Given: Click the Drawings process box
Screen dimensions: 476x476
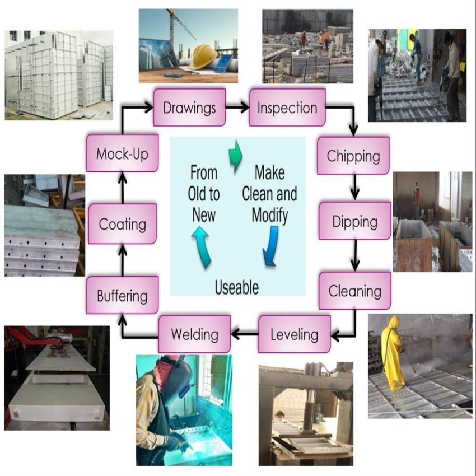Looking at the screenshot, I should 189,107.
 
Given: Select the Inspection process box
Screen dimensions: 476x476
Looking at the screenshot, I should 287,107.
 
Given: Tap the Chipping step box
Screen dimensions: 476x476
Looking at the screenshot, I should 353,155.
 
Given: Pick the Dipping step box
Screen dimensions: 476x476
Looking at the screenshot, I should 354,221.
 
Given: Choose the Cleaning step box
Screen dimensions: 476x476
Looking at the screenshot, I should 354,291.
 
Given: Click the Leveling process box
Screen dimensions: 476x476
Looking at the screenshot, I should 294,334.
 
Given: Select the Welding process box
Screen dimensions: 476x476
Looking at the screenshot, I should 194,334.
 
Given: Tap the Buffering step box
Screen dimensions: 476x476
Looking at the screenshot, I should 122,295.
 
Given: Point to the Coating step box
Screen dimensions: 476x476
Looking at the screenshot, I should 122,225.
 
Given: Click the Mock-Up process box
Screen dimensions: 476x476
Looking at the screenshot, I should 122,153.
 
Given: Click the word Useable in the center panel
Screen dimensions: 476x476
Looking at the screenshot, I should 237,287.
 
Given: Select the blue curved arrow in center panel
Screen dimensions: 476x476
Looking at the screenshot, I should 272,245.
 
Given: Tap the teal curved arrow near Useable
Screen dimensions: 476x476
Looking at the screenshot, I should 202,246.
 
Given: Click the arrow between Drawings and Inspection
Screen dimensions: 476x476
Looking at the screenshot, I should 237,107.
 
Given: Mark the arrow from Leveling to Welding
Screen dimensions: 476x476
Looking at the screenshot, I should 244,334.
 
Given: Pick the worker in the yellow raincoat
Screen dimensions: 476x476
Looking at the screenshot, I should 393,353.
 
